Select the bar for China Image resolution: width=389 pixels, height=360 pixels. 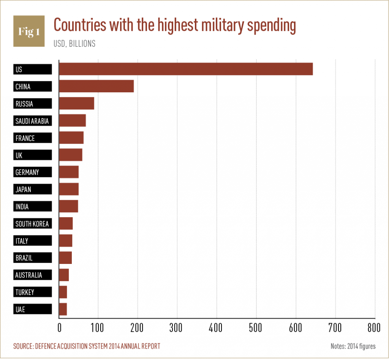click(96, 87)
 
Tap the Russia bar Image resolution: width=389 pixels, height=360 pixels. click(77, 104)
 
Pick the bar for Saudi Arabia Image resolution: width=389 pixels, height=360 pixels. click(73, 121)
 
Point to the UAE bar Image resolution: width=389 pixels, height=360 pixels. click(63, 309)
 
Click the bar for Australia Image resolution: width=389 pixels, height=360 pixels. click(64, 275)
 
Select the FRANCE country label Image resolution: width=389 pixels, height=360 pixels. click(33, 138)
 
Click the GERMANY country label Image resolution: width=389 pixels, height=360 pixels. click(33, 172)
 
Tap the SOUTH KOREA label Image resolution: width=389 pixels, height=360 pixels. click(33, 224)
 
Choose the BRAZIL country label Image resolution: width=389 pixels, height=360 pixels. click(33, 258)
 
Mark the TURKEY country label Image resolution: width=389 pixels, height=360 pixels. click(33, 292)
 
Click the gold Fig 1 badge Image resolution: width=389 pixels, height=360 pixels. click(29, 31)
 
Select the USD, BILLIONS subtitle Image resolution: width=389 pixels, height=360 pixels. click(74, 44)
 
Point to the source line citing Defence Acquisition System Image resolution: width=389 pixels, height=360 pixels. click(87, 346)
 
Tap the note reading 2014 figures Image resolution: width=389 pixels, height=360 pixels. click(353, 346)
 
